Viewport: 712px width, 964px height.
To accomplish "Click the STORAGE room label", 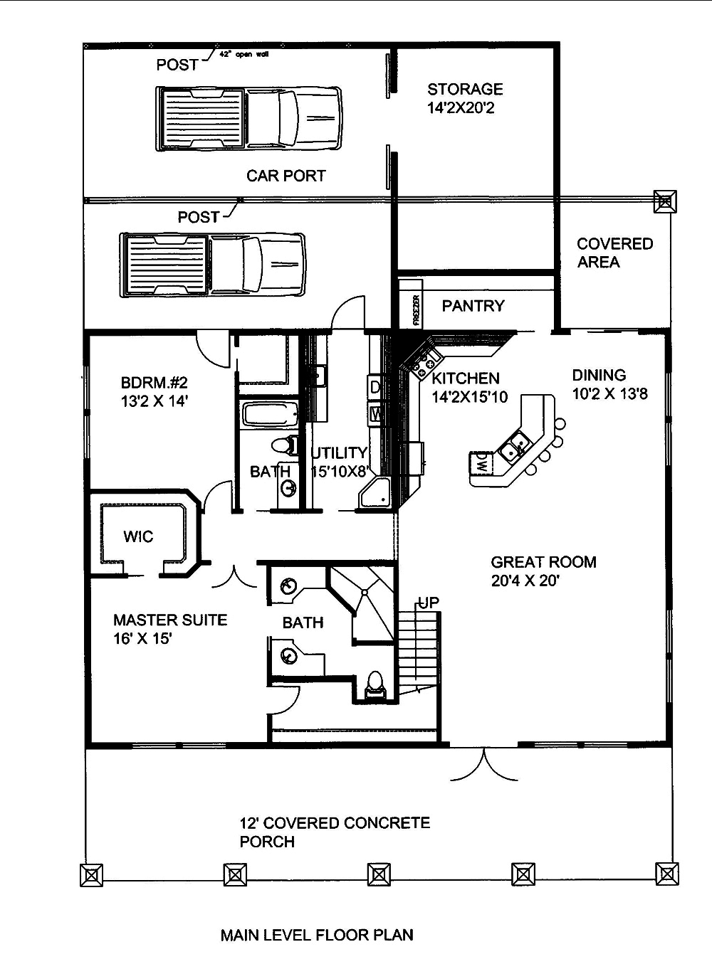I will [x=465, y=90].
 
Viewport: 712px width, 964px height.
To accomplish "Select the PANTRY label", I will [x=473, y=306].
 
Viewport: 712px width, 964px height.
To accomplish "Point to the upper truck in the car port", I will [x=248, y=119].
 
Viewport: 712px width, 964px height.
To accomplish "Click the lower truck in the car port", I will [x=212, y=264].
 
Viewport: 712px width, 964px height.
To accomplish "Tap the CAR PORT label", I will [x=286, y=176].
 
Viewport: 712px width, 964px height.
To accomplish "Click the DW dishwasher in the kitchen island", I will [x=481, y=463].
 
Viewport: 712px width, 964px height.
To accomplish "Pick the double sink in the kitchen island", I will [x=515, y=448].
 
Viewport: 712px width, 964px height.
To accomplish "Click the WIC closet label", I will [x=138, y=536].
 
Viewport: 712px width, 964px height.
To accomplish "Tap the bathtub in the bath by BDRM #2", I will [x=269, y=415].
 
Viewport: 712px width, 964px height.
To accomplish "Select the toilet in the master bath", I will [x=374, y=684].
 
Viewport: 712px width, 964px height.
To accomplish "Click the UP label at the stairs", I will [x=428, y=603].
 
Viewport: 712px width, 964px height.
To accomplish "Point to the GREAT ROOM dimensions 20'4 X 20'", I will [x=525, y=581].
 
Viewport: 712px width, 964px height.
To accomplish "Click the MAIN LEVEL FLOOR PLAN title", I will [x=317, y=935].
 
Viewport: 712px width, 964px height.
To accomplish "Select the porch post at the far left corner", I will [x=91, y=874].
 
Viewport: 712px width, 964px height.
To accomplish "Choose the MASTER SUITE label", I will [x=170, y=620].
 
